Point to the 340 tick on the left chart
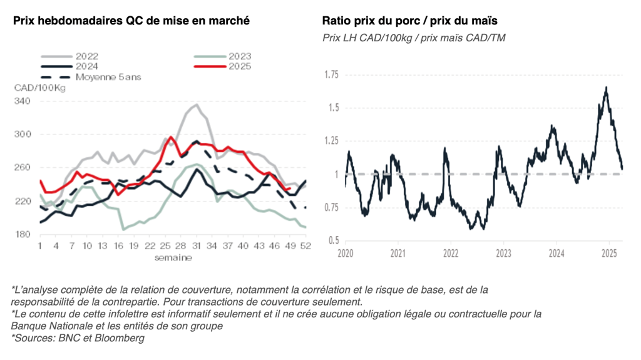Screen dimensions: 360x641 click(23, 101)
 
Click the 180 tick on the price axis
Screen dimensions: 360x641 click(23, 234)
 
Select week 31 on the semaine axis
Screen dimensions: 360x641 click(197, 246)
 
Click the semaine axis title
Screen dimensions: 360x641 click(173, 257)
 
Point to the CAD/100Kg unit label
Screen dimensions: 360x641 click(39, 88)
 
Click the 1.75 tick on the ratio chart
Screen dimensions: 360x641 click(331, 75)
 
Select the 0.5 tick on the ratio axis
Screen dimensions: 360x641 click(333, 240)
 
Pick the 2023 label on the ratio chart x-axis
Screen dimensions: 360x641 click(503, 254)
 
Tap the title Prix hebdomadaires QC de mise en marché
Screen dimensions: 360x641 click(131, 21)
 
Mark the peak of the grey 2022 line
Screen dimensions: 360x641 click(196, 105)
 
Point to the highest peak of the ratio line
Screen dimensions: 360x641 click(606, 88)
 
